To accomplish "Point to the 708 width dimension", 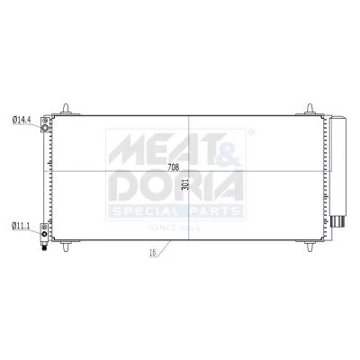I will (173, 168).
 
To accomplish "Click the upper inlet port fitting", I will (45, 127).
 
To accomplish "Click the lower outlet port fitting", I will (45, 232).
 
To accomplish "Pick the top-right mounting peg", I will (310, 108).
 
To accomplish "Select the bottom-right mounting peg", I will (310, 246).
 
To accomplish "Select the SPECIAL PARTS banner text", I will (175, 211).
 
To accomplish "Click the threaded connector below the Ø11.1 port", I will (44, 245).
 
